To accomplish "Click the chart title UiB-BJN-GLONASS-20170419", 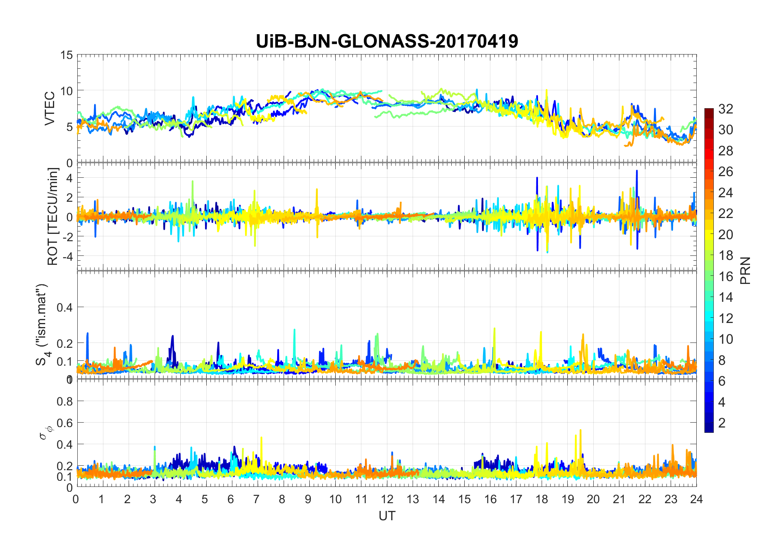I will point(387,41).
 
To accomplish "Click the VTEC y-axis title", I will point(49,109).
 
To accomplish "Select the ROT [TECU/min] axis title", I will point(52,216).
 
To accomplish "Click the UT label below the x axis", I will point(387,516).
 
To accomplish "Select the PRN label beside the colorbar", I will point(746,270).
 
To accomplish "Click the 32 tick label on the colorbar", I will point(726,109).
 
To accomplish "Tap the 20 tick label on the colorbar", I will point(726,235).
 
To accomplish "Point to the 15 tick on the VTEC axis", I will point(67,55).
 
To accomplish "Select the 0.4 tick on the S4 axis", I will point(64,307).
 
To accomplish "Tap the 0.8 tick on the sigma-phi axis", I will point(64,401).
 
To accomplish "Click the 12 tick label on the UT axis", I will point(387,499).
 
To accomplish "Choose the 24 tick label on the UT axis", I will point(696,499).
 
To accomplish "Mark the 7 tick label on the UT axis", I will point(256,499).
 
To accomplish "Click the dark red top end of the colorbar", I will point(709,110).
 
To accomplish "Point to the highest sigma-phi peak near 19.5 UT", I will point(580,431).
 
